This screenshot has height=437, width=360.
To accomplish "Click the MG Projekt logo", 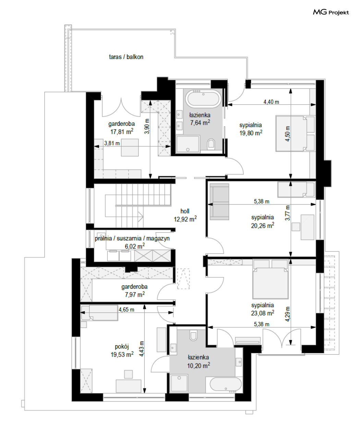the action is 331,12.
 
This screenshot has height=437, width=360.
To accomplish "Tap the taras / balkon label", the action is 126,57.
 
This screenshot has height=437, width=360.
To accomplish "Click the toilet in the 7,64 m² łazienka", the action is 211,144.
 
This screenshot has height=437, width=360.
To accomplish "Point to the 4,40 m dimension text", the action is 271,102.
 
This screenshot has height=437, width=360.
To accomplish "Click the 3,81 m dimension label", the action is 112,143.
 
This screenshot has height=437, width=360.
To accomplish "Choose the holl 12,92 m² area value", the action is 185,219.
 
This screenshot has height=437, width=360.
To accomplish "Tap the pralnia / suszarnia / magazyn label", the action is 132,238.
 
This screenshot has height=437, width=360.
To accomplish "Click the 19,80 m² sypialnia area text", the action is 251,133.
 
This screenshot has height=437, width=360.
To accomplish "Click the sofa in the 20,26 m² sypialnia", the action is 219,202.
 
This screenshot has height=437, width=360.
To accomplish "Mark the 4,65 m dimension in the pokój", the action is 127,309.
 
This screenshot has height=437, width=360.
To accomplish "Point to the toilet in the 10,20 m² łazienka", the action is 193,336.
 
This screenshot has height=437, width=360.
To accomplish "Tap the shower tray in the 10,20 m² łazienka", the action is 179,383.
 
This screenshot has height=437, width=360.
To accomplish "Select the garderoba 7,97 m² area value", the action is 135,295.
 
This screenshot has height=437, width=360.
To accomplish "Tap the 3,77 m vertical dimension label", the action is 288,213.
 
